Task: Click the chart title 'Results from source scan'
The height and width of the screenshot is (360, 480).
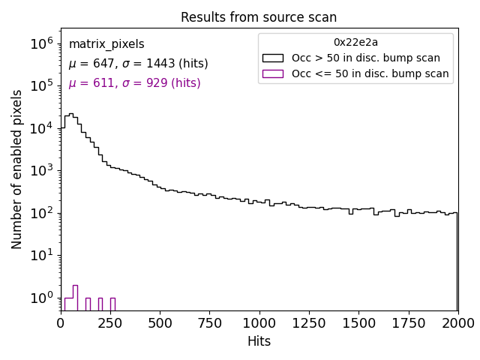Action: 259,17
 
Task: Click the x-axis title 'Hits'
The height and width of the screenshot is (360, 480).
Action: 259,341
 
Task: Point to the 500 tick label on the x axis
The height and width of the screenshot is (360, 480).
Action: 160,322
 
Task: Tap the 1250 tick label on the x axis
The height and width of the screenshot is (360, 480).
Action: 308,322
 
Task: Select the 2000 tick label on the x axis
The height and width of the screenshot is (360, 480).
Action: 457,322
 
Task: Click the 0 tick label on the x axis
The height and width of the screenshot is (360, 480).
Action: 61,322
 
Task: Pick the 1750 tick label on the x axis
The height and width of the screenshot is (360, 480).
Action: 408,322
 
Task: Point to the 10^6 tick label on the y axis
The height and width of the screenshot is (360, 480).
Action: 40,44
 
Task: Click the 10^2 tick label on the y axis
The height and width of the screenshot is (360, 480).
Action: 40,214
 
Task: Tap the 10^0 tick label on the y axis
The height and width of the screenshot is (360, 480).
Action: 40,298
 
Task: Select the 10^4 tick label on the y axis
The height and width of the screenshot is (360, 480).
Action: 40,129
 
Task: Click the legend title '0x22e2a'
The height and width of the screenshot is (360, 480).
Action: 355,42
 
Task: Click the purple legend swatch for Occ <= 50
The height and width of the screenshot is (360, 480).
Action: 272,73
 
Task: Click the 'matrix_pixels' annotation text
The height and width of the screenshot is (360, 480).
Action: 106,44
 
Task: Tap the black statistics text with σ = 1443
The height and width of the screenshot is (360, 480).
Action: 138,64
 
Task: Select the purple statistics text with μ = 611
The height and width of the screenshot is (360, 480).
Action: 134,83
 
